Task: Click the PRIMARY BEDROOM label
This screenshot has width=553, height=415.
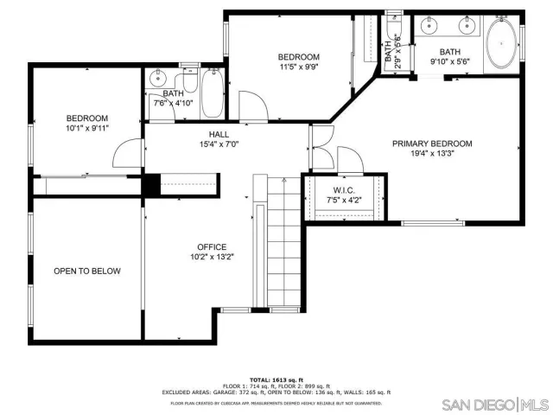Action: (432, 144)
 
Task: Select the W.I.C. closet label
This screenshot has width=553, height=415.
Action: (343, 190)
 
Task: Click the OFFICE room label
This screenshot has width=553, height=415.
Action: (212, 246)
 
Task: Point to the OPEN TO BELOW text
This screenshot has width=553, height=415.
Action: (87, 271)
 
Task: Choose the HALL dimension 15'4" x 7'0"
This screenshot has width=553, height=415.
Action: (218, 144)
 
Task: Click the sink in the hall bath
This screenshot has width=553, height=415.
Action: (156, 80)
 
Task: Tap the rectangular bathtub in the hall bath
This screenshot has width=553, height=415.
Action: (212, 94)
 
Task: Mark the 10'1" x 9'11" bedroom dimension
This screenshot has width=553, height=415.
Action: (87, 129)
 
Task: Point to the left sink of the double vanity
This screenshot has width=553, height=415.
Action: (429, 27)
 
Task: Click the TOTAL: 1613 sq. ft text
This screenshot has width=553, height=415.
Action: (276, 380)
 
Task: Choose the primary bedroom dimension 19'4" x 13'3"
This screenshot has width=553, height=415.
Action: (432, 154)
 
